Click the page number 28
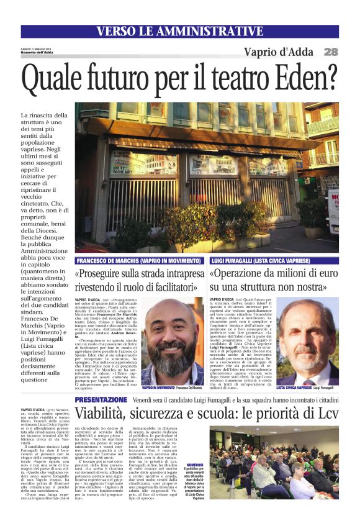[331, 52]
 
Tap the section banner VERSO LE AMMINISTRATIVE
[180, 31]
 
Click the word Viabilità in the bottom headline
[106, 414]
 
